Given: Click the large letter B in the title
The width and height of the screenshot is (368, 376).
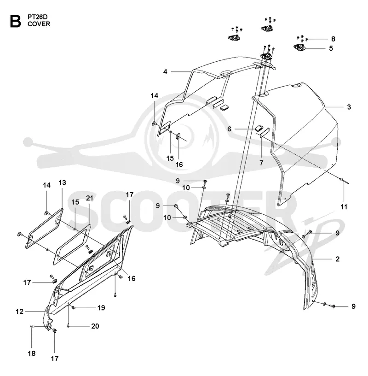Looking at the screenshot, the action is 15,21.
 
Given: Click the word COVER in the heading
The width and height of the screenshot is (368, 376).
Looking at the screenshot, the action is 39,24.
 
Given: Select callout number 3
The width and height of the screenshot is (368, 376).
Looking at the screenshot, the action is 349,107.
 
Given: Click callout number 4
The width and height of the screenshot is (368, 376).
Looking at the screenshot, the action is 165,72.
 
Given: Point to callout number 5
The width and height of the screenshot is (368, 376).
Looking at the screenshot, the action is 331,48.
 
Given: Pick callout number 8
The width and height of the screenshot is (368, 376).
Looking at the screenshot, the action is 333,39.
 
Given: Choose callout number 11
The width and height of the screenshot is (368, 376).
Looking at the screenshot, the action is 344,207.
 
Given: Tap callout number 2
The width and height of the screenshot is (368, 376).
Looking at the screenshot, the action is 338,259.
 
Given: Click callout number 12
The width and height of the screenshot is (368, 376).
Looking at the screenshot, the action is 20,311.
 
